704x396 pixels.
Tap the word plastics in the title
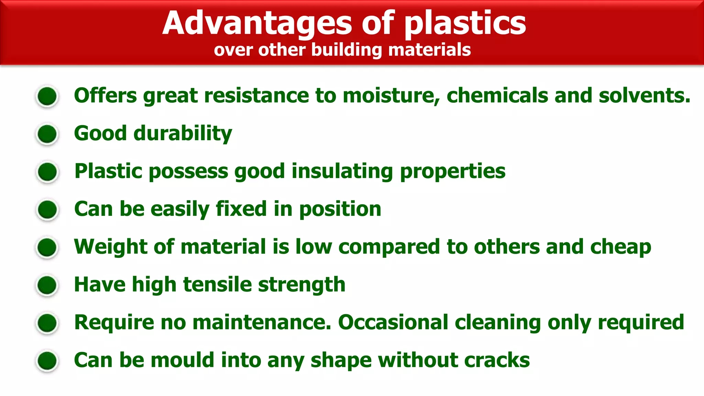coord(465,23)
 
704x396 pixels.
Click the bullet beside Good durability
coord(47,134)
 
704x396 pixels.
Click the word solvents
coord(644,96)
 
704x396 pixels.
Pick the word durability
coord(183,133)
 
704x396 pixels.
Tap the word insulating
coord(342,171)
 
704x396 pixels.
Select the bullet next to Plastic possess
coord(47,172)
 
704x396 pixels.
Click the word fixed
coord(241,209)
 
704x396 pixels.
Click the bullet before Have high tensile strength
coord(47,285)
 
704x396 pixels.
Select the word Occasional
coord(393,322)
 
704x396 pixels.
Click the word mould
coord(183,360)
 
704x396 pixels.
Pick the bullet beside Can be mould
coord(47,361)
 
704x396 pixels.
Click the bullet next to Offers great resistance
coord(47,96)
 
